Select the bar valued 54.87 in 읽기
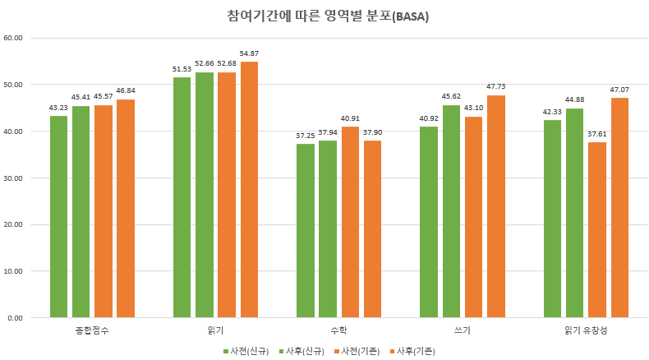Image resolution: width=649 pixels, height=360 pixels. click(249, 189)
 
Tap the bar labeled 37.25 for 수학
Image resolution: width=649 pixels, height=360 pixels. click(306, 230)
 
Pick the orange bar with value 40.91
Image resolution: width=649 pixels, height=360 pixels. click(350, 222)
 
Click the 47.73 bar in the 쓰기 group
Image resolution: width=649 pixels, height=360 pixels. click(495, 206)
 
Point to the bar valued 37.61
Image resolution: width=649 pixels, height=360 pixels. click(597, 229)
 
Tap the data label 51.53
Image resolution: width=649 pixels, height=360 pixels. click(182, 69)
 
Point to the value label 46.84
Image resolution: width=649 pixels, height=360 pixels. click(126, 91)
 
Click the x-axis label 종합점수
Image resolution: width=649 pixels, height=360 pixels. click(92, 330)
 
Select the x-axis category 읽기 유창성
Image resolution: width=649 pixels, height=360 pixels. click(586, 330)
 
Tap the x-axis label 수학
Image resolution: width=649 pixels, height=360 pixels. click(338, 330)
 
